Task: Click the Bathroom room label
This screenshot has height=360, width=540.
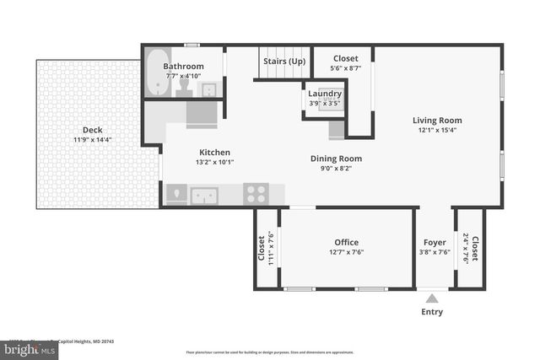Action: pos(183,66)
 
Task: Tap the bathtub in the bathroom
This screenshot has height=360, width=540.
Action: pos(154,73)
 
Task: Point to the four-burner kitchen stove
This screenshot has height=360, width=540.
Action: pos(256,194)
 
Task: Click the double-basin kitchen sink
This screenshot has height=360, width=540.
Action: pos(204,196)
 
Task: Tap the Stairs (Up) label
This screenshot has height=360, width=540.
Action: pos(284,61)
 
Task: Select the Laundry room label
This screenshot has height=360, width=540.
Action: pos(325,94)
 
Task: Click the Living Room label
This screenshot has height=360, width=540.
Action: pos(436,120)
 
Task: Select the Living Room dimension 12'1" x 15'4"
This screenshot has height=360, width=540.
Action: pos(436,130)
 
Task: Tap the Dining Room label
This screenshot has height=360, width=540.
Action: pos(336,158)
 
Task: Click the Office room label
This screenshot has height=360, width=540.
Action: pos(347,242)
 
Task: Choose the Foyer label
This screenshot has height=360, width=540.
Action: pos(434,242)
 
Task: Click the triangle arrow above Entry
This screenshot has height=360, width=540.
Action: pos(432,298)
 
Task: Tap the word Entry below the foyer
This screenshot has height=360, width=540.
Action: pos(432,312)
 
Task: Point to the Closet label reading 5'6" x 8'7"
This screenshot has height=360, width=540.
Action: pos(345,58)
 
